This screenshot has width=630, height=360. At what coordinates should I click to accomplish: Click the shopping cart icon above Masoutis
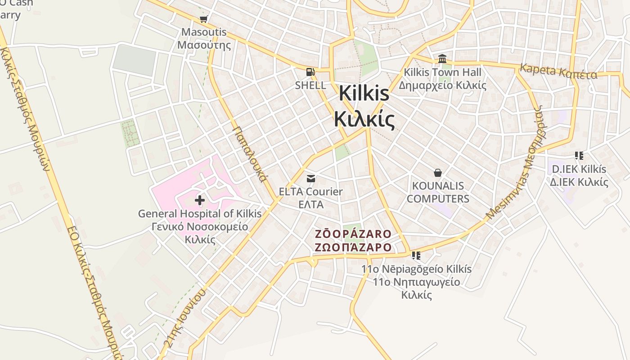coord(203,19)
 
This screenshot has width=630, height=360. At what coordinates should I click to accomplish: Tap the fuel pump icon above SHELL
coord(310,72)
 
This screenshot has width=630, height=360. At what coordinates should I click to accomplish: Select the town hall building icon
coord(442,59)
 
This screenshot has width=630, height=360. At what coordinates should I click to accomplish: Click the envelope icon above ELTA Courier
coord(310,178)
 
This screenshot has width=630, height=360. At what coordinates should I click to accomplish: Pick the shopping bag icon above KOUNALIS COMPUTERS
coord(437,172)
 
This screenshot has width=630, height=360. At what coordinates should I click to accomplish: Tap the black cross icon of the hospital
coord(200,200)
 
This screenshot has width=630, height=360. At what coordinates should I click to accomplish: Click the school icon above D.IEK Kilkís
coord(579,156)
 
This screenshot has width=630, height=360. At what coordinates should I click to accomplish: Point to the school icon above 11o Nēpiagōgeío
coord(416,256)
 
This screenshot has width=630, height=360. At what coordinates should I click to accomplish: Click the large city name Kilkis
coord(364,93)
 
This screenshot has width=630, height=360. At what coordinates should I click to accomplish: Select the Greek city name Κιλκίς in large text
coord(364,119)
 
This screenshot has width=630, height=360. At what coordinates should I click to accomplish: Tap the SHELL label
coord(310,85)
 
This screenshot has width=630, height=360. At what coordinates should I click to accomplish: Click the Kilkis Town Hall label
coord(442,72)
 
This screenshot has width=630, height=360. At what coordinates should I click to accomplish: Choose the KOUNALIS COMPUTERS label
coord(438,192)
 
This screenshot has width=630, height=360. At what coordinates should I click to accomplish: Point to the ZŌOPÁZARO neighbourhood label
coord(353,234)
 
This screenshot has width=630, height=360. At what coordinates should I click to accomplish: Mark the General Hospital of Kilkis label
coord(199,214)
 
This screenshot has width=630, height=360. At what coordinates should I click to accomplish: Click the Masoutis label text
coord(204,32)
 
